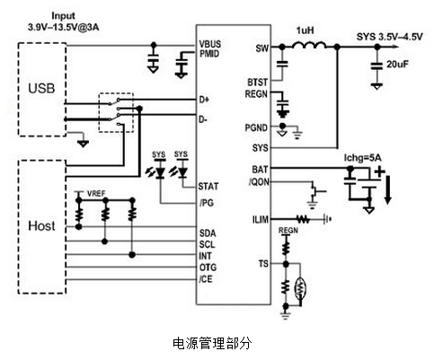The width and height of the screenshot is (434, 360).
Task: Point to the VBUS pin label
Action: [210, 42]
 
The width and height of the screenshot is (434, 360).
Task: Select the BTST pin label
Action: [258, 82]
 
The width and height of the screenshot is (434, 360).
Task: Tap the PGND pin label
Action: [256, 129]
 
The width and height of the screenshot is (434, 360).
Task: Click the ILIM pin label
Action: [261, 218]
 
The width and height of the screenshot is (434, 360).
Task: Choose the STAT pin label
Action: [208, 186]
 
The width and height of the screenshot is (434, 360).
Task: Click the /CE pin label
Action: [207, 279]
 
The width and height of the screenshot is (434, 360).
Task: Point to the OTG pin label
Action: [207, 268]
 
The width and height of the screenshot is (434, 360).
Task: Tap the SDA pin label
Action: [207, 233]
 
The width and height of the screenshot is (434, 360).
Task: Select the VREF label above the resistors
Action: [95, 194]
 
